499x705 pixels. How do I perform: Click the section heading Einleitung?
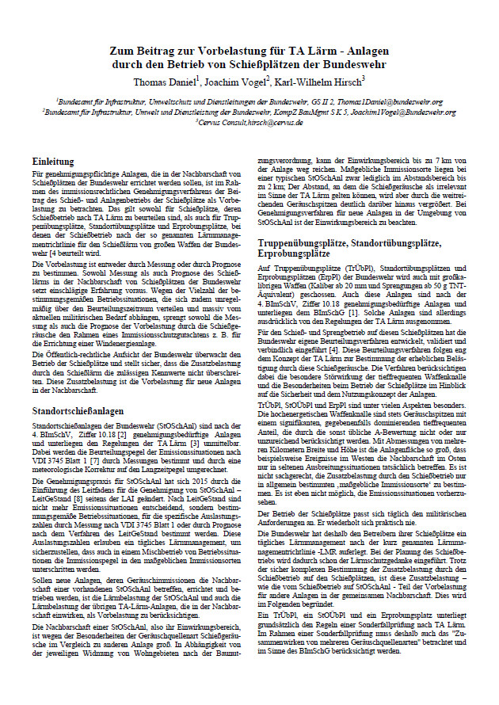tap(66, 159)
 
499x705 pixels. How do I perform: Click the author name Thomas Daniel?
tap(167, 80)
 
